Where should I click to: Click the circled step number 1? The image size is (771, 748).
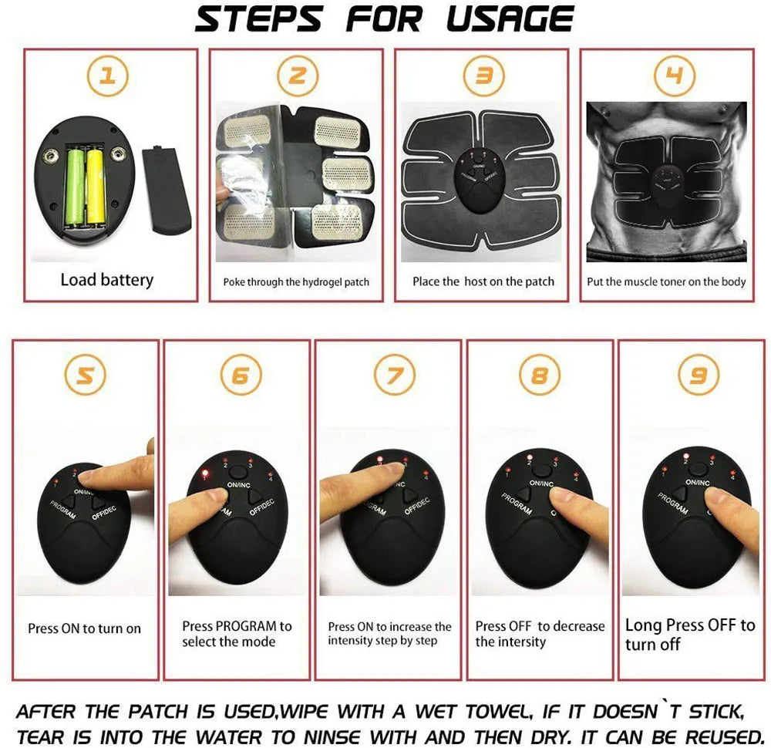[109, 76]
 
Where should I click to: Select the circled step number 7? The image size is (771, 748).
[394, 375]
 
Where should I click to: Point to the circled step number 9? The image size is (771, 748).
[697, 375]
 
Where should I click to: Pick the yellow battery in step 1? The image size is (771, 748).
[96, 185]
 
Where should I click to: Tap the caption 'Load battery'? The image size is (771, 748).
[106, 280]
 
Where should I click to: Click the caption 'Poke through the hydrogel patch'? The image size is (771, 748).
[296, 282]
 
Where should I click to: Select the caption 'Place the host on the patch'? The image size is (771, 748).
[483, 281]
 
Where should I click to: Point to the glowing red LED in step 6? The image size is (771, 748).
[206, 473]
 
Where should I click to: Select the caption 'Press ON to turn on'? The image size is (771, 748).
[84, 628]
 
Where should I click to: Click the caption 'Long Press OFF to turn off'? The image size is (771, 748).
[689, 634]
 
